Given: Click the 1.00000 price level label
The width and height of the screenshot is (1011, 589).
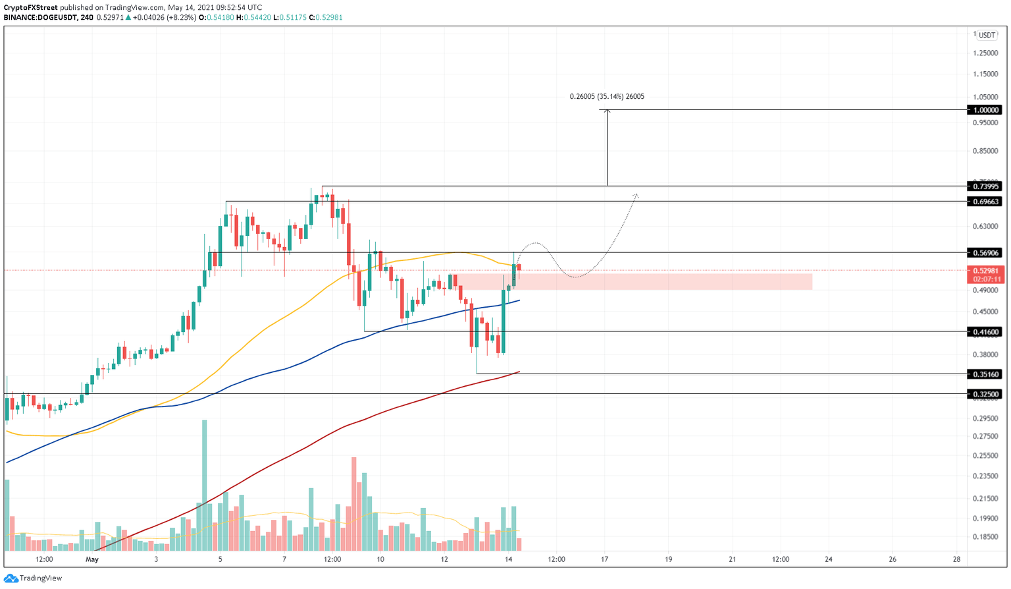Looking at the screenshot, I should coord(985,110).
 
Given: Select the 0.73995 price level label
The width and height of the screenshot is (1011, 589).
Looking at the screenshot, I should coord(985,186).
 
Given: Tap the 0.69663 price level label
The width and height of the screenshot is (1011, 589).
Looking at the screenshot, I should coord(985,201).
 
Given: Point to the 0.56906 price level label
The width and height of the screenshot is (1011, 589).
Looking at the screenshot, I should coord(985,252).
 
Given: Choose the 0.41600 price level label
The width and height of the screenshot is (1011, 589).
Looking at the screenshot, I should coord(985,331).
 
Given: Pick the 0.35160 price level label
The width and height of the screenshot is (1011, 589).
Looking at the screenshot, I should coord(985,374).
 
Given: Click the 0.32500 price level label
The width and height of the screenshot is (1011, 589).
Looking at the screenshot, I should coord(985,393).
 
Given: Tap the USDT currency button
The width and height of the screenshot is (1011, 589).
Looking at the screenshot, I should coord(986,36).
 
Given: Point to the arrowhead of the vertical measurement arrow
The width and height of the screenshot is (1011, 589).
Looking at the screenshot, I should coord(607,111).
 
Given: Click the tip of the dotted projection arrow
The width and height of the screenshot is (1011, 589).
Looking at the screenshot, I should coord(636,194).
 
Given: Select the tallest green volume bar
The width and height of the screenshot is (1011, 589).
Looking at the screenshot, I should coord(204,485).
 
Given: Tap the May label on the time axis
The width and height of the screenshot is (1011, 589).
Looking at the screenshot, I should coord(92,559).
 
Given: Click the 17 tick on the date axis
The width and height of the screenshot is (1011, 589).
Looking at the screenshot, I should coord(604,559).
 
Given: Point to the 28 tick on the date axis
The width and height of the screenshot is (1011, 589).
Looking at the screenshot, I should coord(956,559).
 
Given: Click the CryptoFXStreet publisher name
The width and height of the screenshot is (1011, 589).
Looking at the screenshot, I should coord(30,7).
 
